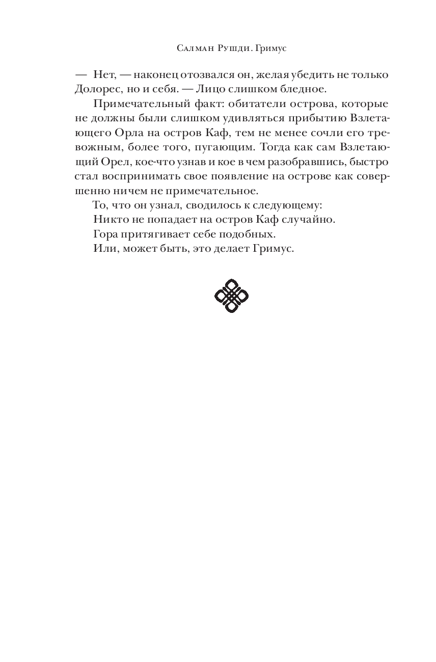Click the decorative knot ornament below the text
point(231,296)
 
